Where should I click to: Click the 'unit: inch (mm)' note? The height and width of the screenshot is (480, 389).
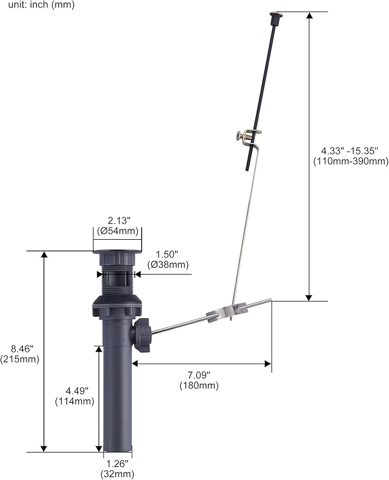[x=41, y=5]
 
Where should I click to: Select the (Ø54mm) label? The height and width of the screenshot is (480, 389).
[x=117, y=231]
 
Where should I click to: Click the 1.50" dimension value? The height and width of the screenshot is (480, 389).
[x=167, y=255]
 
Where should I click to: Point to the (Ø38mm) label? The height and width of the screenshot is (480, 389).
[x=168, y=264]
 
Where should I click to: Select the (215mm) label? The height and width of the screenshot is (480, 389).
[x=20, y=359]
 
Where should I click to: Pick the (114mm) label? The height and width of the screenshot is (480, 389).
[x=75, y=401]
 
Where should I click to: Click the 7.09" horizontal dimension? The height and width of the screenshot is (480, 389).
[x=199, y=374]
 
